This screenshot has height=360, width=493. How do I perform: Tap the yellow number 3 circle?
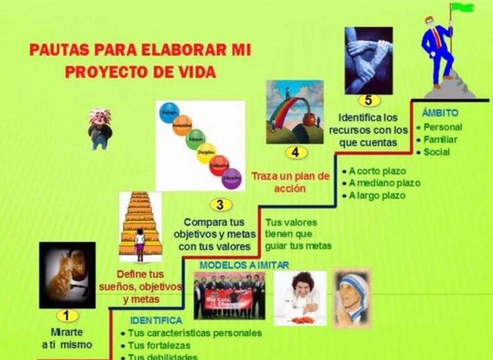219,204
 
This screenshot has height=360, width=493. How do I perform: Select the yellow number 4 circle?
295,152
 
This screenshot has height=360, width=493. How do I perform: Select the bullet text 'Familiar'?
441,139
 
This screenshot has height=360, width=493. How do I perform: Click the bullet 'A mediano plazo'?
384,183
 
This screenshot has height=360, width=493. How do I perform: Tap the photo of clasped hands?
368,60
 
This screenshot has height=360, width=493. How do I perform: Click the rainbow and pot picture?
295,111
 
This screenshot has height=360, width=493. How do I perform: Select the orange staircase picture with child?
140,227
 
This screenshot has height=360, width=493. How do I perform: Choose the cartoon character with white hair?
99,128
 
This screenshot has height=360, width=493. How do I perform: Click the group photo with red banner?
229,295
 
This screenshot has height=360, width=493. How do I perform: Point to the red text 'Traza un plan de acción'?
291,182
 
